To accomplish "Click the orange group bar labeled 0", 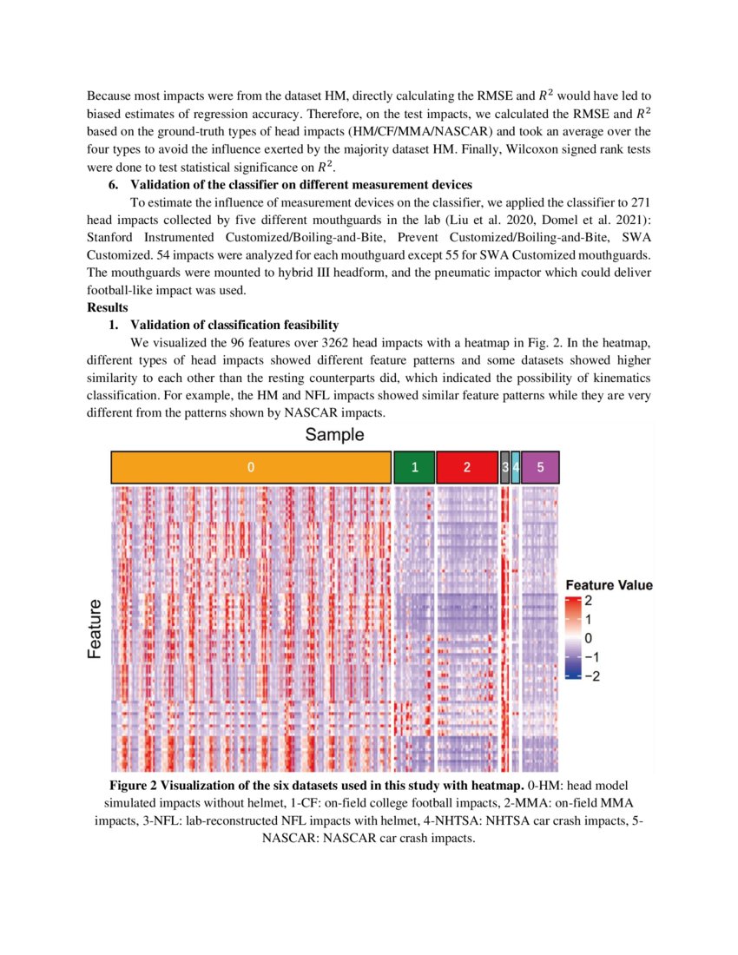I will tap(250, 467).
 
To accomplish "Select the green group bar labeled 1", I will tap(414, 467).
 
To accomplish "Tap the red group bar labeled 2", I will tap(466, 467).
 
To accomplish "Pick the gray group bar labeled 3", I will tap(505, 467).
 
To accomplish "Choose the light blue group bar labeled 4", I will tap(516, 467).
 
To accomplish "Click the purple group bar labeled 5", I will tap(541, 467).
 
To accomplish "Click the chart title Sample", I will tap(334, 435).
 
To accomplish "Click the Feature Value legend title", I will tap(609, 585).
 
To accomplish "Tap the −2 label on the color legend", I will tap(590, 676).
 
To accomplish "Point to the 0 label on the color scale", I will tap(589, 639).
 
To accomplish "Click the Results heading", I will tap(108, 308).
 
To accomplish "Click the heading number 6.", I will tap(112, 184).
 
